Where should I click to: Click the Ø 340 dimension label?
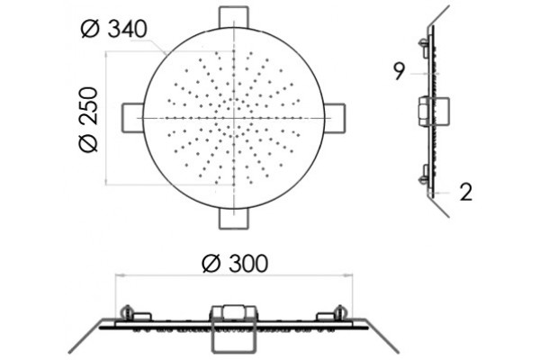click(x=114, y=29)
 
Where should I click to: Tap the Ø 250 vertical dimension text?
click(x=88, y=120)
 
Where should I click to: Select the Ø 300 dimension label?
click(x=235, y=264)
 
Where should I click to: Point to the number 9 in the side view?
click(x=399, y=72)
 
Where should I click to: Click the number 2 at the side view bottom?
click(x=465, y=193)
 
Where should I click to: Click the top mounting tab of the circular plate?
click(x=234, y=17)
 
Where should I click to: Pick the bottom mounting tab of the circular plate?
click(x=234, y=219)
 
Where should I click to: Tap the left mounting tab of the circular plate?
click(x=133, y=118)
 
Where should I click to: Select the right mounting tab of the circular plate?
click(x=335, y=118)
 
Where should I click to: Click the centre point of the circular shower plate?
click(x=234, y=118)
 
